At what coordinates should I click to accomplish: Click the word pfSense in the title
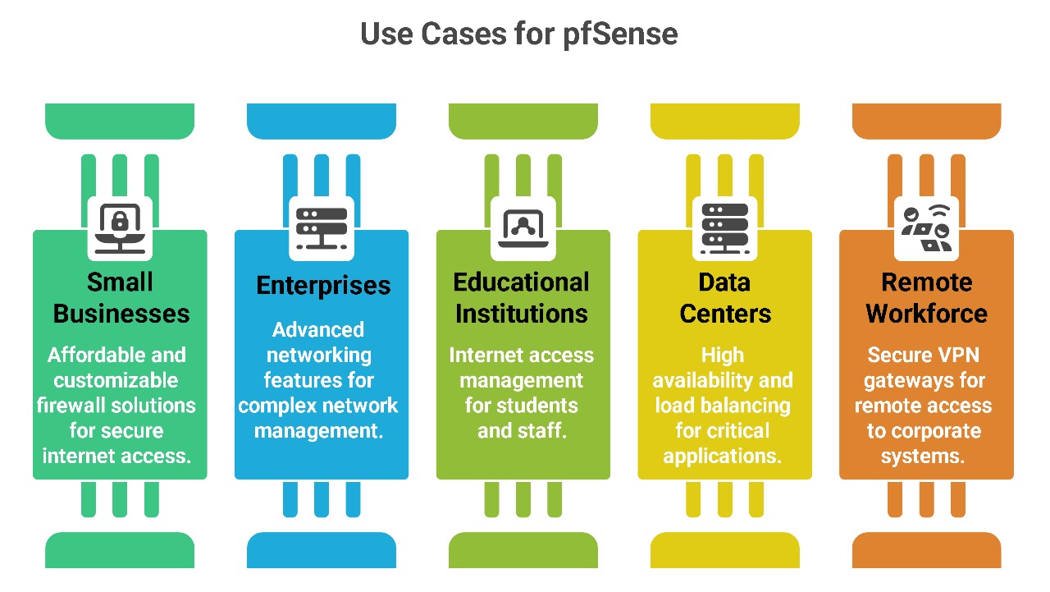click(620, 34)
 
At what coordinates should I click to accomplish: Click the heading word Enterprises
click(323, 286)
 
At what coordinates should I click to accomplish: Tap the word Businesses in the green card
click(121, 314)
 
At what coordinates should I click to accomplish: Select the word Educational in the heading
click(522, 282)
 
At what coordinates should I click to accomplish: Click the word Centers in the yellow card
click(726, 314)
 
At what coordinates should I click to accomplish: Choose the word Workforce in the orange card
click(927, 314)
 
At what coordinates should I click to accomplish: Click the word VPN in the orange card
click(952, 356)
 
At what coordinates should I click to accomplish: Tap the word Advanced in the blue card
click(318, 330)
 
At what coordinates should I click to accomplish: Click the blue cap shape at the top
click(322, 121)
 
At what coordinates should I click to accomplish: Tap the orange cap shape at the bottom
click(927, 550)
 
